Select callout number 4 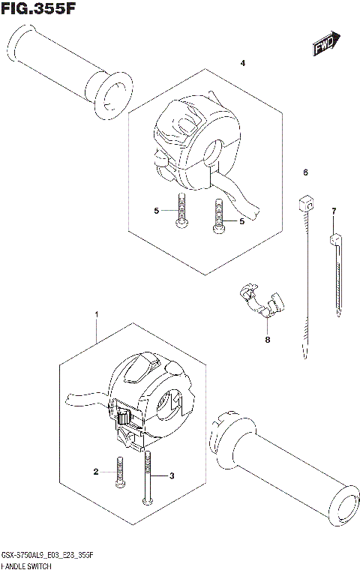(243, 63)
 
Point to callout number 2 (97, 472)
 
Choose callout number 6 (306, 173)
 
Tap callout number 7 (334, 211)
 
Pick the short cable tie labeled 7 (338, 274)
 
